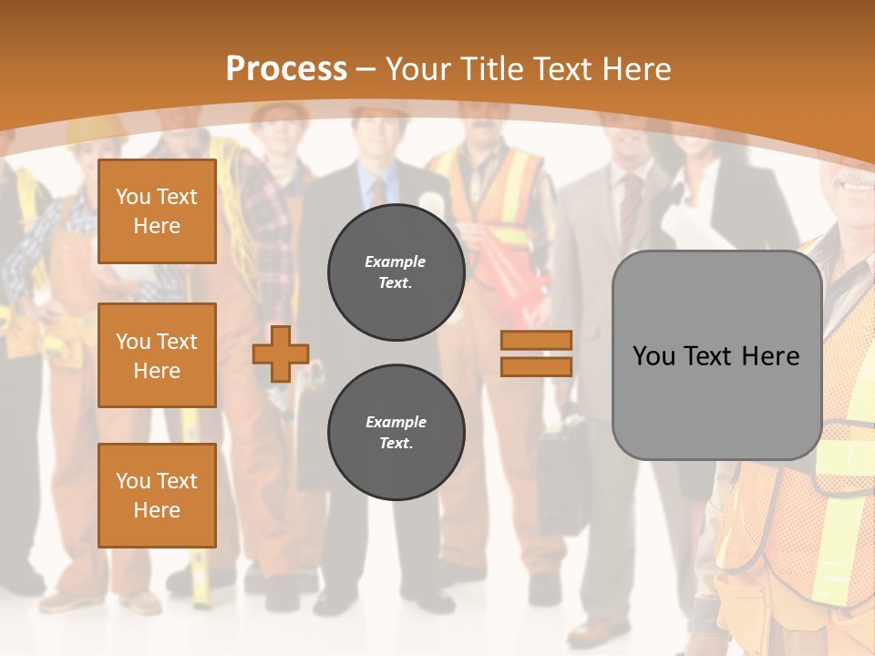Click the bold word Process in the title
tap(286, 68)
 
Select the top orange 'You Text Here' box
tap(157, 211)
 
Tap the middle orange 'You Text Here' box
tap(157, 355)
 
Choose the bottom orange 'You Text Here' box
tap(157, 496)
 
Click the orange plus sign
tap(281, 354)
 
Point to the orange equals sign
tap(536, 354)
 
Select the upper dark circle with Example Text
tap(396, 272)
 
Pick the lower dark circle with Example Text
tap(396, 433)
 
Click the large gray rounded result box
tap(716, 355)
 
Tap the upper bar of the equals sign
tap(536, 341)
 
